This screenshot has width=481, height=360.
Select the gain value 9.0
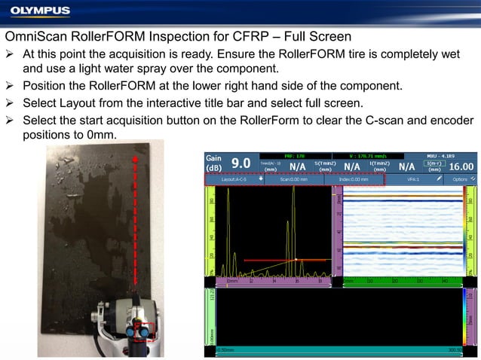tap(240, 163)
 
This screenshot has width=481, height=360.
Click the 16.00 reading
tap(461, 166)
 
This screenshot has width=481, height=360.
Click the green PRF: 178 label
tap(295, 155)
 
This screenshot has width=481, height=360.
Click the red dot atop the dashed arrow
tap(136, 159)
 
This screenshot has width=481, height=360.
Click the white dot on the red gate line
tap(297, 260)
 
